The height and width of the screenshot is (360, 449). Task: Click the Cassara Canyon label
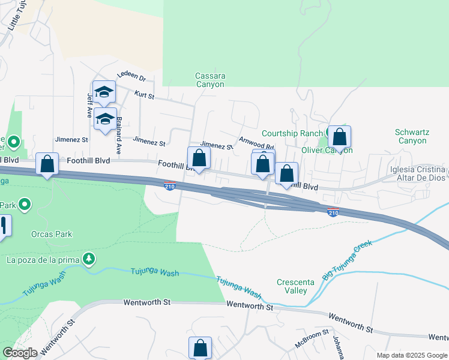tap(210, 80)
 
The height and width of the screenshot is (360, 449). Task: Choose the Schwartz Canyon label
tap(411, 136)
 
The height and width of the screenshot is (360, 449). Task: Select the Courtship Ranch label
tap(292, 133)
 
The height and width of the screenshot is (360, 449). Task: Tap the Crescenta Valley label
tap(292, 286)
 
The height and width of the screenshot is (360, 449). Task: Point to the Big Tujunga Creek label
tap(348, 260)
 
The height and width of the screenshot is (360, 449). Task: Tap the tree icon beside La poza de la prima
tap(89, 259)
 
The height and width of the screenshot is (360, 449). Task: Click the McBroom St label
tap(312, 340)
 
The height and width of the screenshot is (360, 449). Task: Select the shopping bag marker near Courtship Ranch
tap(339, 137)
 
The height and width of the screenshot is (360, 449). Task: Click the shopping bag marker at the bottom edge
tap(200, 348)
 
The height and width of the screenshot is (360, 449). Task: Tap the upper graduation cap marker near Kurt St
tap(104, 92)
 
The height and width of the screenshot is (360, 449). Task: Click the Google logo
tap(20, 353)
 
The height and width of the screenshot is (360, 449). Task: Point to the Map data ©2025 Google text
tap(412, 355)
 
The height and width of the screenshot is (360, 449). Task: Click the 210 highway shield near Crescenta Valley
tap(333, 212)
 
